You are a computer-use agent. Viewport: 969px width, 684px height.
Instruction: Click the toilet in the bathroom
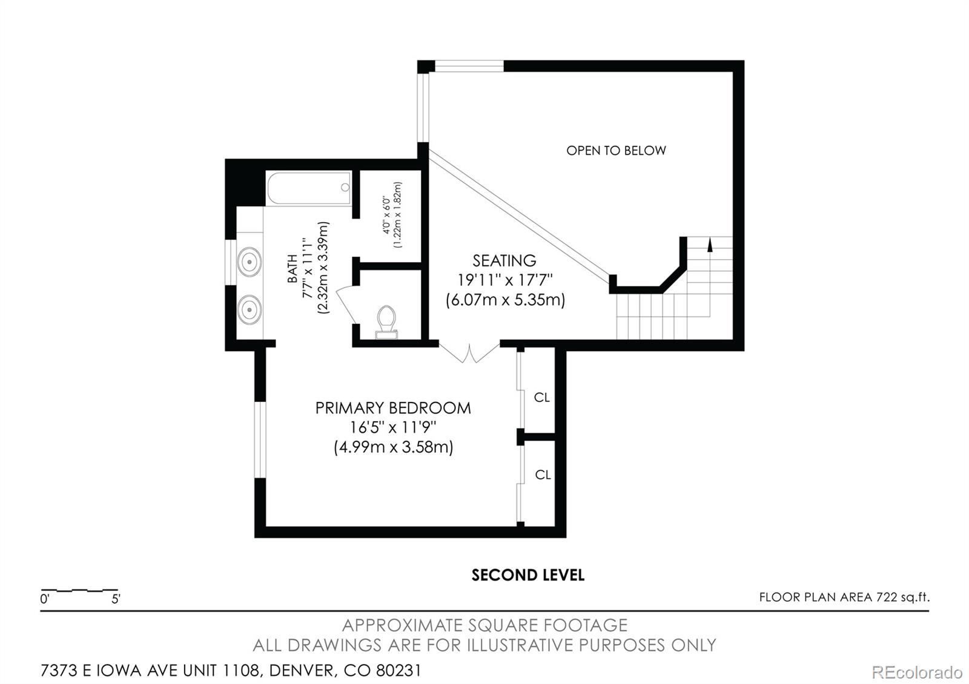point(386,321)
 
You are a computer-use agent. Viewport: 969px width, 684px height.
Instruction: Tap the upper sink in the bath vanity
point(249,262)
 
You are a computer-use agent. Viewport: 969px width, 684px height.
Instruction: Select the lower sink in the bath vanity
point(249,310)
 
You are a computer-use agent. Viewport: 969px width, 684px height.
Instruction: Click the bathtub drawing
point(309,188)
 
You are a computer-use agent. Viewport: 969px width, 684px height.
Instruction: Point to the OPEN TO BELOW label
point(616,151)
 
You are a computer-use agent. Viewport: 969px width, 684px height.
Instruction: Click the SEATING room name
point(504,261)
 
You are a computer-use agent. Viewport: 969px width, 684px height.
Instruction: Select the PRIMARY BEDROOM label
point(392,408)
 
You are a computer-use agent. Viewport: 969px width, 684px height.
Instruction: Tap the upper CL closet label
point(542,398)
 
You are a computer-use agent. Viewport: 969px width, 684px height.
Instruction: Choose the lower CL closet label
point(543,475)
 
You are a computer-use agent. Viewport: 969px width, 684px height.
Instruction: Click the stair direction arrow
point(709,244)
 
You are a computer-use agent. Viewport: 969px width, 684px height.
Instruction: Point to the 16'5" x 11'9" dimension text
point(392,428)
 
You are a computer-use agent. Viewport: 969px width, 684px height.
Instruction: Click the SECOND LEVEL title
point(527,575)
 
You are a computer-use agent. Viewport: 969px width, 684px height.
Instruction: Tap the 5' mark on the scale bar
point(116,600)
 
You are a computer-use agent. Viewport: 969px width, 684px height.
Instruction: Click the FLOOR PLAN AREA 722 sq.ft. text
point(844,597)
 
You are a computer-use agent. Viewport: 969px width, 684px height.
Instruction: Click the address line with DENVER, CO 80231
point(231,671)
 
